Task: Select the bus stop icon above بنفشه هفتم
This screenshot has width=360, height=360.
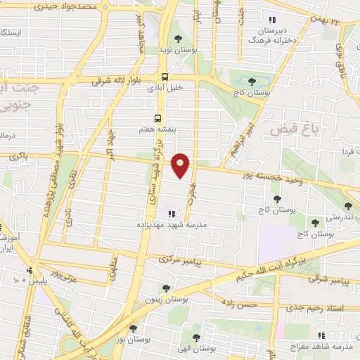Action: pos(159,119)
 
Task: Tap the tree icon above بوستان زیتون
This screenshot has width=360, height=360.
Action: pos(166,288)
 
